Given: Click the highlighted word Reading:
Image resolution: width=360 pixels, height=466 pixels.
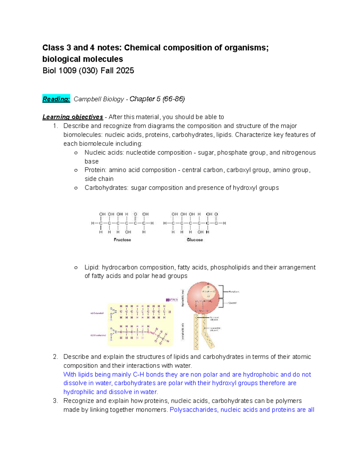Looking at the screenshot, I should (56, 99).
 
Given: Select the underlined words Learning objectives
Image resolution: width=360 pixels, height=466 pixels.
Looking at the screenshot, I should (73, 117).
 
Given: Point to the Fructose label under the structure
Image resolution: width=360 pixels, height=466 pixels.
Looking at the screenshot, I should (122, 240).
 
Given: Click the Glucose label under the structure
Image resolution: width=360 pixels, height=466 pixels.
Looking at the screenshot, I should (195, 240).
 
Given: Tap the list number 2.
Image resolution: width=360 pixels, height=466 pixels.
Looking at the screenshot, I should (55, 357).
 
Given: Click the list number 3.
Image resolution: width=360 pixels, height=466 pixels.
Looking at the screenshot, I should (55, 401).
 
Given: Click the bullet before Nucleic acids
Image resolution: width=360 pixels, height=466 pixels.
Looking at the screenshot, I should (76, 153).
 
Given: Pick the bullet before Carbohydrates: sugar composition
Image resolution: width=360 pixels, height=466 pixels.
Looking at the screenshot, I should (76, 188).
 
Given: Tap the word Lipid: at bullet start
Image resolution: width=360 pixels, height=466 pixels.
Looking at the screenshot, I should (92, 267).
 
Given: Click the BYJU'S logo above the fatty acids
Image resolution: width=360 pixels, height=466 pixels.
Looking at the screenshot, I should (172, 299).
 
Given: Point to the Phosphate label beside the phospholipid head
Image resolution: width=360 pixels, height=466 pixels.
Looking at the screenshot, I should (234, 292).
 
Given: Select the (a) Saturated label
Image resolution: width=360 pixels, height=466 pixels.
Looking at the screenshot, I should (97, 313).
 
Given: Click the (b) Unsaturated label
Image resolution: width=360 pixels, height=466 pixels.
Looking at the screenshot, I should (98, 335).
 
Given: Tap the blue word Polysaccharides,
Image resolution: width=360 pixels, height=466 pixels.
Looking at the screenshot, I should (194, 410).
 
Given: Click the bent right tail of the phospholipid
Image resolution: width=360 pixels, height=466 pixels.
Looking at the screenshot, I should (208, 333).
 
